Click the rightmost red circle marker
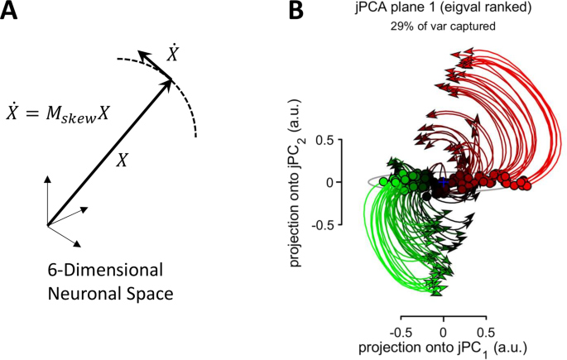coord(526,185)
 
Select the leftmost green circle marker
coord(383,181)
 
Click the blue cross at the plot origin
coord(443,181)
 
